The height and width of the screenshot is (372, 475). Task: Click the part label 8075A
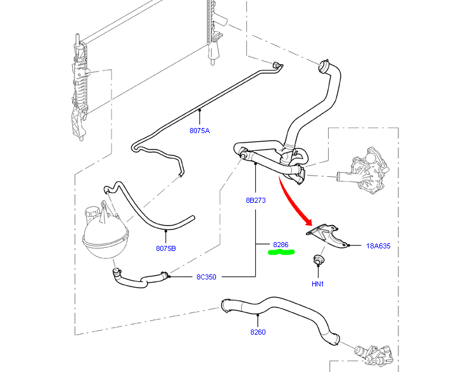199,131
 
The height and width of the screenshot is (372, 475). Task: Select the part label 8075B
166,248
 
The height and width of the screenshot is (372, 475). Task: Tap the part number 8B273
255,200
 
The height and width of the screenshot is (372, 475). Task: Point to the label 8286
281,244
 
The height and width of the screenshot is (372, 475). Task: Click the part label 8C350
206,276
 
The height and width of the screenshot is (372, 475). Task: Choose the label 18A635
377,245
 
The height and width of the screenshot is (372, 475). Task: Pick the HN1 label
317,283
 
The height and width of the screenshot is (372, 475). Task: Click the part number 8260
258,331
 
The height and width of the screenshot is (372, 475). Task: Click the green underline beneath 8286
281,253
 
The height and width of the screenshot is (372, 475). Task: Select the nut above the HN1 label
317,260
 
